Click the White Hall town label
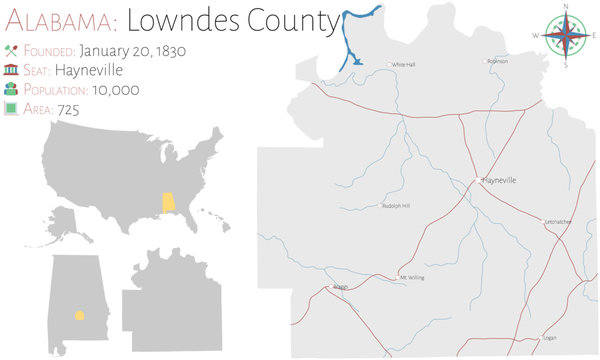403,65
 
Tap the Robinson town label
498,61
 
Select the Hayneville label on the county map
499,181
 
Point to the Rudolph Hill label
396,206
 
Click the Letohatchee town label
557,221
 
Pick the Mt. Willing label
412,277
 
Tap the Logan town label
549,338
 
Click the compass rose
566,36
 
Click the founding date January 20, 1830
133,50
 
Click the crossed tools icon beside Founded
11,50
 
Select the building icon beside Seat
11,69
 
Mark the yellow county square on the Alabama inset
79,315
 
